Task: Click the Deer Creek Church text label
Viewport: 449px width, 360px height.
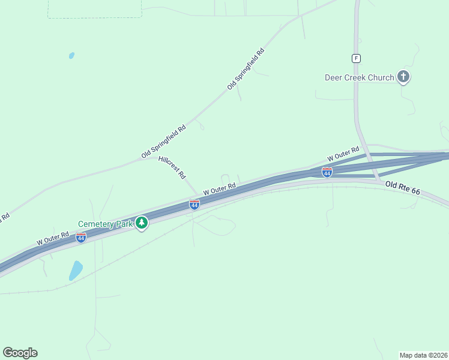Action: click(x=360, y=77)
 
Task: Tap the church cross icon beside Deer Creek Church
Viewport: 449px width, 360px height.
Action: click(x=404, y=77)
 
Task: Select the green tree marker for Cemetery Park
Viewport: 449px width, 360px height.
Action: click(x=142, y=224)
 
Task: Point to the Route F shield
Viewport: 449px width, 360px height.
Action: click(x=356, y=58)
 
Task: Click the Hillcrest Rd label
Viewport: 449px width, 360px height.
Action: click(x=172, y=168)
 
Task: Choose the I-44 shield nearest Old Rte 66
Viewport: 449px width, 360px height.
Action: click(x=327, y=173)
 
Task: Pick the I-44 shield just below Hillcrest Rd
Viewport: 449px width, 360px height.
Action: click(x=194, y=205)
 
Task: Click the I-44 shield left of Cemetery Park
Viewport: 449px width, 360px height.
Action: click(x=80, y=238)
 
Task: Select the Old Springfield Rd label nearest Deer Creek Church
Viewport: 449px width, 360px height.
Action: click(x=246, y=69)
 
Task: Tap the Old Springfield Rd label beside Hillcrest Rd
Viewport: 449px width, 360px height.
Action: click(x=164, y=142)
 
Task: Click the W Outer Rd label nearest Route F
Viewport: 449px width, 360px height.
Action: click(x=343, y=154)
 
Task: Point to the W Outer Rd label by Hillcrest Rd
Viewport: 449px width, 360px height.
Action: click(x=218, y=188)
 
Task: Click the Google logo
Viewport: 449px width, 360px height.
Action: click(x=20, y=352)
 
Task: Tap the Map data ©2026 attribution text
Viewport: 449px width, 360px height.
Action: click(x=423, y=355)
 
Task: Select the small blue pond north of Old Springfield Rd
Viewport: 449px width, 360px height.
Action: click(x=71, y=56)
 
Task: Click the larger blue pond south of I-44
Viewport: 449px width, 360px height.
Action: click(x=76, y=270)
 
